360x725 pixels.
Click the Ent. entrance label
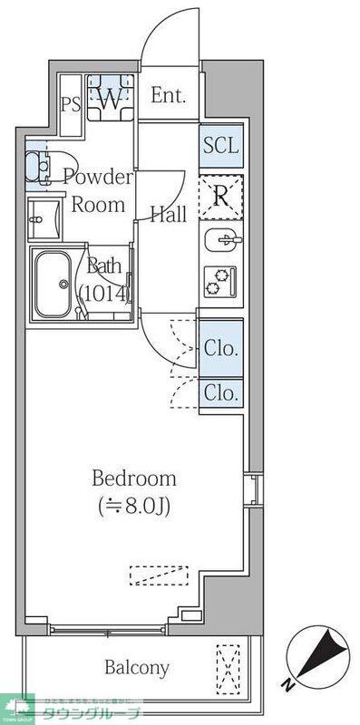169,95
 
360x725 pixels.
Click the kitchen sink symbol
219,243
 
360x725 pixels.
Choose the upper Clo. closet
221,348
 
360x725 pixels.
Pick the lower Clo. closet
221,392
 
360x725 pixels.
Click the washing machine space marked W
110,99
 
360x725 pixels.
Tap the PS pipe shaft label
71,102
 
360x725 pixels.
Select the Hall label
168,215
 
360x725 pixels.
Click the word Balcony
136,668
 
